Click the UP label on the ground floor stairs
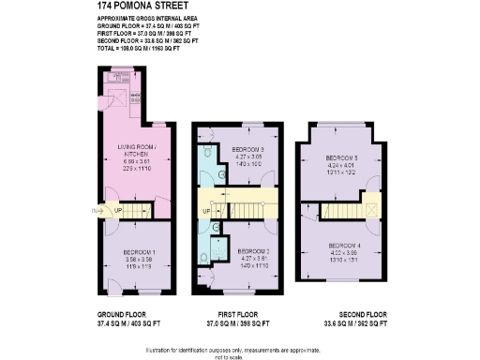point(117,210)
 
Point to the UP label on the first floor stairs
point(205,210)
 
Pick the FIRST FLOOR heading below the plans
point(232,313)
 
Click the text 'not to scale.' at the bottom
point(239,356)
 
